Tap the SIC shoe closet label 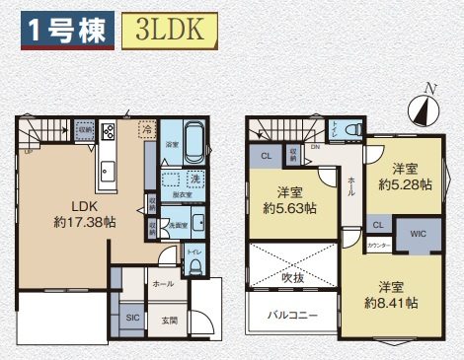pos(132,319)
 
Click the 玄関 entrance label pos(170,319)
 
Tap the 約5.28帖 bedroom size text pos(404,183)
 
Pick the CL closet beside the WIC pos(378,226)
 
